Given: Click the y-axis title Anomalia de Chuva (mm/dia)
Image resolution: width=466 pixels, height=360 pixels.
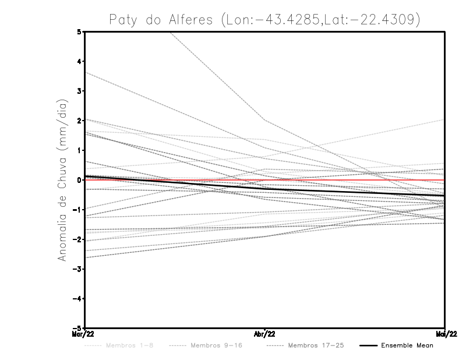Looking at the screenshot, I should pos(62,179).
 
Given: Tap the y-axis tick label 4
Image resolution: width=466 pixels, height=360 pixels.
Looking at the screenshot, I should pos(79,62).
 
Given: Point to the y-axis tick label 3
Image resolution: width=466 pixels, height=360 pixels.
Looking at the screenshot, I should pos(79,91).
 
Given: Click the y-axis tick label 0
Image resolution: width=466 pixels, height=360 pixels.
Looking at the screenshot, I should pos(79,180).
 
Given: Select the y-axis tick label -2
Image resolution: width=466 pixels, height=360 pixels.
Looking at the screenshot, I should pos(77,239).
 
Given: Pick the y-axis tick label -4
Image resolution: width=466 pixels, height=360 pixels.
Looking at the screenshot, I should pos(77,298).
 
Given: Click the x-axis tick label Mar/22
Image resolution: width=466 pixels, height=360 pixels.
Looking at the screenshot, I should pos(84,333).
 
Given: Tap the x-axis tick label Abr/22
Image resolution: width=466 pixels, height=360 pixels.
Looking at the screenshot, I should pos(265,333).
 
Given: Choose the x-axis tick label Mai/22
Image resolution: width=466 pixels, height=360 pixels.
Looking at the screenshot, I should pos(445,333).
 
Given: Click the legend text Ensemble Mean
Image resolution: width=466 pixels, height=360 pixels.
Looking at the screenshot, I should pos(407,345).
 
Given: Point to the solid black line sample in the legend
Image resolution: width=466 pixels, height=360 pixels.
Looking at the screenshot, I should pos(368,345).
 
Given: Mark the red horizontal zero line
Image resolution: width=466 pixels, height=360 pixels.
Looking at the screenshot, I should pos(349,180).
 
